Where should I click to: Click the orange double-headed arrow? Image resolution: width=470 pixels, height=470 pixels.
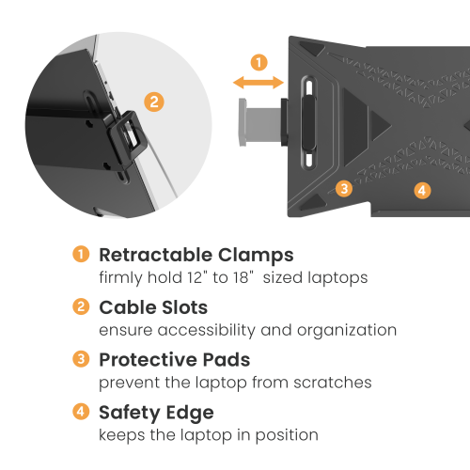(x=258, y=83)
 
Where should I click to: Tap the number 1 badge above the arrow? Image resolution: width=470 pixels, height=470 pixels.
(x=259, y=62)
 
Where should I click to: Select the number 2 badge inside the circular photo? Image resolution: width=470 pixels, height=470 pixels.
(x=154, y=102)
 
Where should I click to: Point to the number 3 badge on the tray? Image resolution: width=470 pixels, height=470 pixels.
(x=344, y=189)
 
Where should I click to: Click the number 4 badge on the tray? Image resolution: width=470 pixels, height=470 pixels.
(x=422, y=191)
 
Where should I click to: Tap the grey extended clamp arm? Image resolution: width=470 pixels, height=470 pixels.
(x=260, y=122)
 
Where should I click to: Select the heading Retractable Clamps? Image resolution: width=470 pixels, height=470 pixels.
(x=196, y=255)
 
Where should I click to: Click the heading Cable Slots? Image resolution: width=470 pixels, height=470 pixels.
(x=153, y=307)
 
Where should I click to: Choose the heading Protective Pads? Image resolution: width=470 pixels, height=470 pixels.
(x=175, y=359)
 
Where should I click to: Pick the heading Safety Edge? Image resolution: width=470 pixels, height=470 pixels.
(x=156, y=413)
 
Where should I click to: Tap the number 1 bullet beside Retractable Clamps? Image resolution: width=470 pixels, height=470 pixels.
(x=81, y=254)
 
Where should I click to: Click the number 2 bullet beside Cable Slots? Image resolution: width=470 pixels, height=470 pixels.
(x=81, y=306)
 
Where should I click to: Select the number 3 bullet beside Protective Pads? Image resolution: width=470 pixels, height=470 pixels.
(x=81, y=359)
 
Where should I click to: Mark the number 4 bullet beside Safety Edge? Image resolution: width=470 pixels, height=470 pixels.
(x=81, y=412)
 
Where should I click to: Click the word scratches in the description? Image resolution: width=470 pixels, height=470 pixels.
(x=333, y=383)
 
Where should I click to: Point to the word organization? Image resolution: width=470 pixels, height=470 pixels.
(x=347, y=331)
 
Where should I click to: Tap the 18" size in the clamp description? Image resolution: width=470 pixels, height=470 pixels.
(x=243, y=277)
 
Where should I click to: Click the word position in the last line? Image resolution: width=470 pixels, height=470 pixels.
(x=287, y=436)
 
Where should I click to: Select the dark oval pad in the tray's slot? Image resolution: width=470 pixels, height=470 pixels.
(x=308, y=123)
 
